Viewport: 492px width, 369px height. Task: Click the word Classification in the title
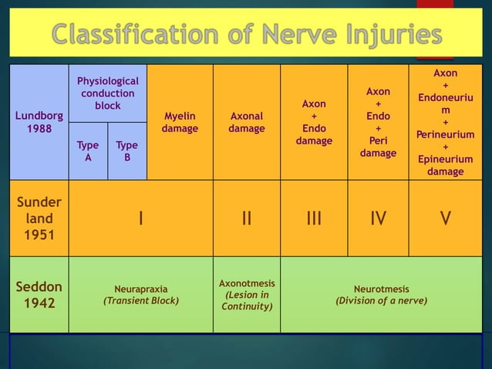(142, 35)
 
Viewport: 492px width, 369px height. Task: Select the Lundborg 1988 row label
(39, 122)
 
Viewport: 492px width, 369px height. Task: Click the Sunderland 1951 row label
(39, 218)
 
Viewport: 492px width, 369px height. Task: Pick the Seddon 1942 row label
(39, 294)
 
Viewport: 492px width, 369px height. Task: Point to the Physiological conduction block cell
(108, 93)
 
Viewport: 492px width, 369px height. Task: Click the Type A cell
(88, 151)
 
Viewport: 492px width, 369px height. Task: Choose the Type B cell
(127, 151)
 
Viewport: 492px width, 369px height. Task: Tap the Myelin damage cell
(180, 123)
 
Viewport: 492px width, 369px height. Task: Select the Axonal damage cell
(247, 123)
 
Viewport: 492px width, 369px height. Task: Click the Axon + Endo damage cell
(314, 122)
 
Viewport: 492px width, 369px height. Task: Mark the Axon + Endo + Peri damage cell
(378, 122)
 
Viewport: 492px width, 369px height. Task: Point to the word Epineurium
(446, 159)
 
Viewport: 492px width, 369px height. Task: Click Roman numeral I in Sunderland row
(140, 218)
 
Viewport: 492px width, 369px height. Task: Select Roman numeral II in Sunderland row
(247, 218)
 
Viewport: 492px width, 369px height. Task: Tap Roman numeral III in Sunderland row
(314, 218)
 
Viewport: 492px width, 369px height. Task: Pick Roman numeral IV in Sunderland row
(378, 218)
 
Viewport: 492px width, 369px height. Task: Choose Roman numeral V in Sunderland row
(446, 218)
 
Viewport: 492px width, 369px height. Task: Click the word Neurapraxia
(141, 289)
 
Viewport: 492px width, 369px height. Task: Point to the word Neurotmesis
(382, 289)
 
